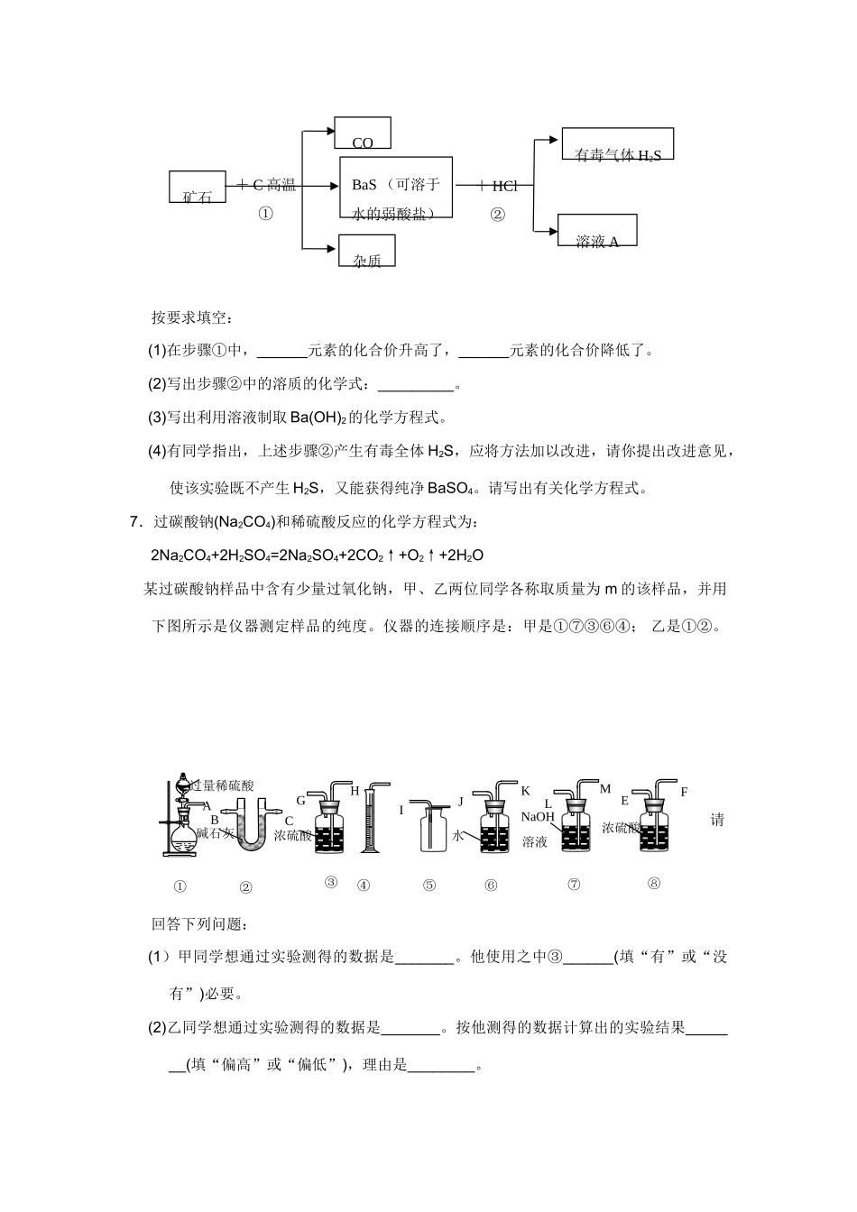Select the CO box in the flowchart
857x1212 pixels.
363,133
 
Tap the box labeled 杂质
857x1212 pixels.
367,251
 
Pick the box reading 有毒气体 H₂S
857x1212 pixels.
618,145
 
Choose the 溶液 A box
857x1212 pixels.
597,230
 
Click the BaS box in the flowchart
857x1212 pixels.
396,188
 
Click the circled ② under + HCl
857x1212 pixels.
497,215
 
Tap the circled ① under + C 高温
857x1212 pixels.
266,215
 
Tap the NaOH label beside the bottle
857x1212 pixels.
539,817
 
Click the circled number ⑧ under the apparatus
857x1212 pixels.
654,884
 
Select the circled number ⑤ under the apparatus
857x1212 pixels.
429,886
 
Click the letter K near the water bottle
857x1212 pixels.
525,791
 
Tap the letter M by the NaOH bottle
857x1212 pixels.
605,789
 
